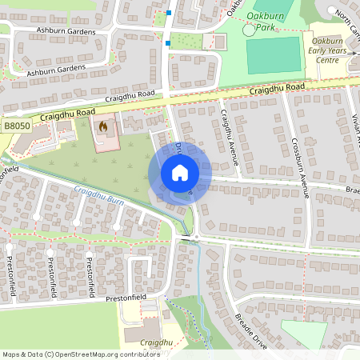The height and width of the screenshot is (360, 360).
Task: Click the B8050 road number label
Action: tap(16, 126)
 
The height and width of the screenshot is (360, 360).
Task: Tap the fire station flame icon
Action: tap(102, 126)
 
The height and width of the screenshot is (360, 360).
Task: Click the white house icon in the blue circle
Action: tap(179, 173)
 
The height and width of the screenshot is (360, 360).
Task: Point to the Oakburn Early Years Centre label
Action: tap(330, 49)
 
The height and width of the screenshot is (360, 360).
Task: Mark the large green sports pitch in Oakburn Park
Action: tap(272, 54)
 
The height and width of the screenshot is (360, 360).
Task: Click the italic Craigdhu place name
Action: tap(156, 343)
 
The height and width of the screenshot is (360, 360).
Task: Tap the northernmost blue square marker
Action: tap(169, 13)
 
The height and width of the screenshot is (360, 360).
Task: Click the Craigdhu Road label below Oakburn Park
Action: tap(277, 89)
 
